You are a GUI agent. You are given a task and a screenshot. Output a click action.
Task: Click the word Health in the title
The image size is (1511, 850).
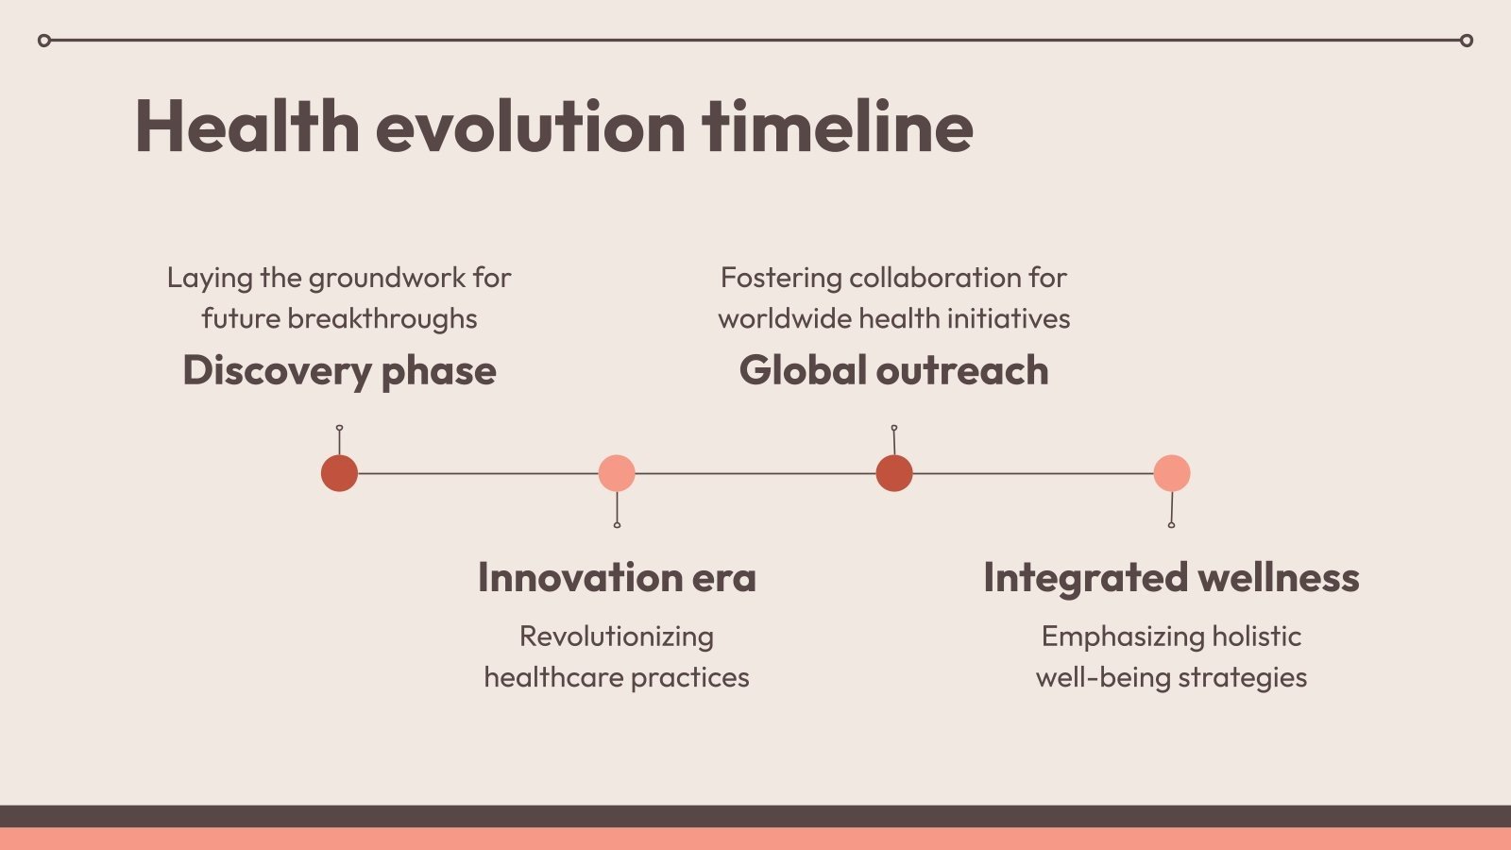tap(246, 127)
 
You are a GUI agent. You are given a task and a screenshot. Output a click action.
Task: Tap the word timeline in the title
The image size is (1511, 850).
tap(837, 127)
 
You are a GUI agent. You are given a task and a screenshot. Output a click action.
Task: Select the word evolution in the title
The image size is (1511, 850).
tap(531, 127)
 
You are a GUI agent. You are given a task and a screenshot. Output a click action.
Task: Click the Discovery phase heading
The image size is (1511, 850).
tap(339, 371)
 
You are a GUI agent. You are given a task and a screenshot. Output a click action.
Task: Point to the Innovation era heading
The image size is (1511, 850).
tap(617, 577)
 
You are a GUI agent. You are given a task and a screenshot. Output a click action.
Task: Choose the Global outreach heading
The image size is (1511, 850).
tap(893, 370)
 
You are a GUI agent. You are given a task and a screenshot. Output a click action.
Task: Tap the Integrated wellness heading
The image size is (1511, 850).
tap(1171, 578)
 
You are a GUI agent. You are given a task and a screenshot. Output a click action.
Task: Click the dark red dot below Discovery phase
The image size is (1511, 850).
tap(339, 473)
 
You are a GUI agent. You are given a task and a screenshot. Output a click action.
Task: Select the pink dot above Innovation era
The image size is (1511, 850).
tap(617, 473)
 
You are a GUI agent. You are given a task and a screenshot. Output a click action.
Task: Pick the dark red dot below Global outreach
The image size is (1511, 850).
tap(894, 473)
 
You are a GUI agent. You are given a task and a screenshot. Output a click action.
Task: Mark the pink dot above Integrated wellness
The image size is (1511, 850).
tap(1172, 473)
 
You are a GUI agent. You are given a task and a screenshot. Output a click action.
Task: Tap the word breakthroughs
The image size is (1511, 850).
tap(382, 319)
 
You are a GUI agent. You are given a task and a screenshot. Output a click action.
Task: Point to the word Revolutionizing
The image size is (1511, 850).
tap(617, 637)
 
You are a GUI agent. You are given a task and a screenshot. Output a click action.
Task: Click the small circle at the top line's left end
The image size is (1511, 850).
tap(44, 41)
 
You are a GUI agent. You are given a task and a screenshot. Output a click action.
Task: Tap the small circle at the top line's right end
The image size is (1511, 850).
tap(1467, 41)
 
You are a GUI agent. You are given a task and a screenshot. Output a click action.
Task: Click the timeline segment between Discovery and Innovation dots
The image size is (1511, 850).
tap(478, 473)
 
